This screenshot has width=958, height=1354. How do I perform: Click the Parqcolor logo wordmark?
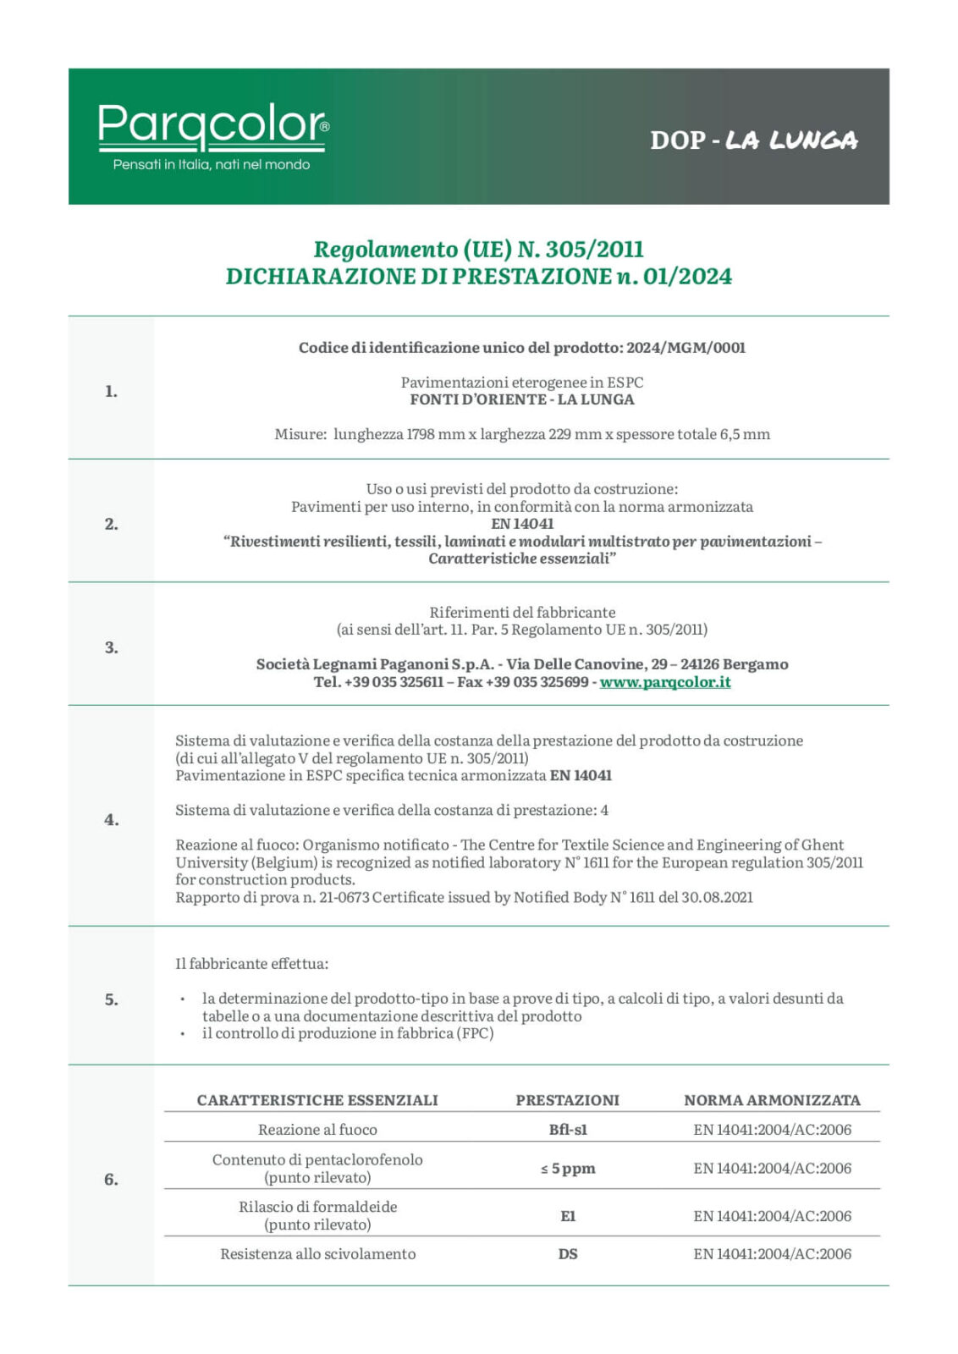click(x=212, y=124)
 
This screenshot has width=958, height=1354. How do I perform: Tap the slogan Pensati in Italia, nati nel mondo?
click(x=212, y=165)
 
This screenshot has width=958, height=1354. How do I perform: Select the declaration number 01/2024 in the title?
click(x=687, y=277)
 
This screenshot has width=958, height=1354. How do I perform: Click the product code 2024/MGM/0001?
click(x=685, y=348)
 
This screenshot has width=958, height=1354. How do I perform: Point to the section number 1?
click(x=111, y=391)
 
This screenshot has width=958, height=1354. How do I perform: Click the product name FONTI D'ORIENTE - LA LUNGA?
click(x=522, y=399)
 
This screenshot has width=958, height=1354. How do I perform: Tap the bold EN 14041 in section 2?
click(x=522, y=524)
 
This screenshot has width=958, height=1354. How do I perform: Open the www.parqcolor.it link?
click(x=665, y=682)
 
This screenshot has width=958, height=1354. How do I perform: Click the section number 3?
click(x=111, y=647)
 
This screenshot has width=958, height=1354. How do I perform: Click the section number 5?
click(x=111, y=999)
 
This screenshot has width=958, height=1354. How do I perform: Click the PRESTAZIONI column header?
click(x=567, y=1100)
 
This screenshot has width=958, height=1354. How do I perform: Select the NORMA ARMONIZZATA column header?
click(x=772, y=1100)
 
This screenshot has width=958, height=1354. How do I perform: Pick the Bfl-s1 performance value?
click(x=568, y=1130)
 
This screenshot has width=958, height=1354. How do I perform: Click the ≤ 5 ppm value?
click(x=568, y=1169)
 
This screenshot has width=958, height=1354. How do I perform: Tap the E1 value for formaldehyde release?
click(x=568, y=1216)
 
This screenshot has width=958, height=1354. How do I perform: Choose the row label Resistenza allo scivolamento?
click(x=318, y=1254)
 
